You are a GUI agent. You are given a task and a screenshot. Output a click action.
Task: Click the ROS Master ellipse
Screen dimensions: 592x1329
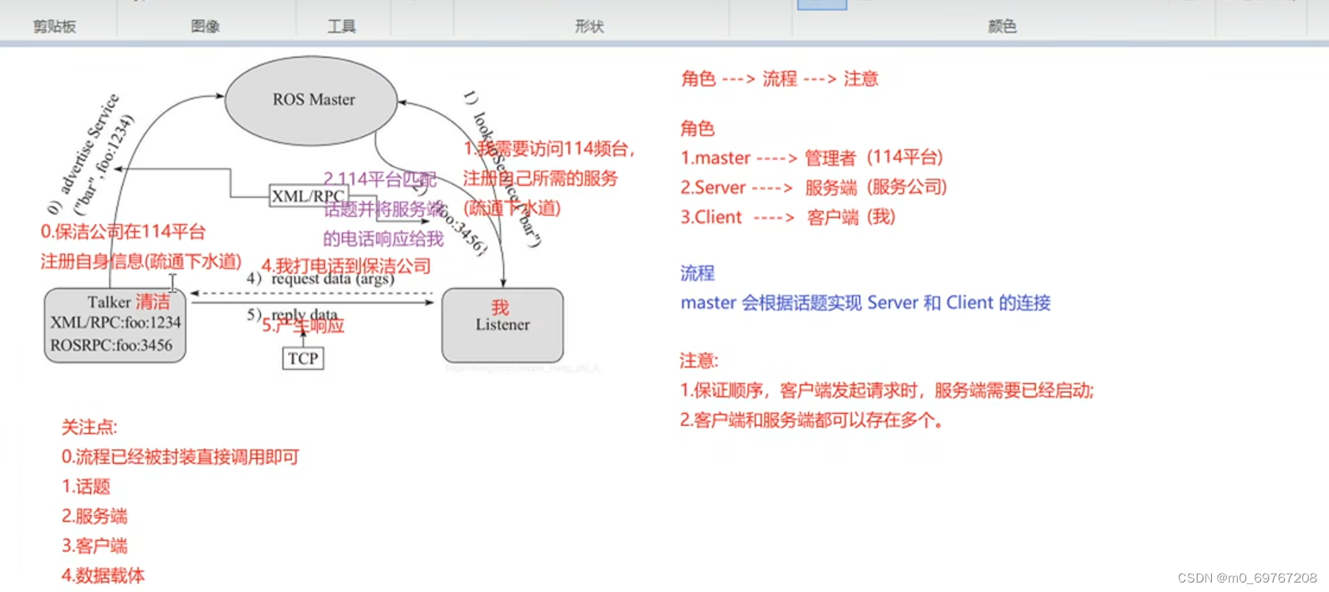coord(312,101)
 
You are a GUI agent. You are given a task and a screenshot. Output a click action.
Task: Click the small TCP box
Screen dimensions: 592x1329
coord(303,359)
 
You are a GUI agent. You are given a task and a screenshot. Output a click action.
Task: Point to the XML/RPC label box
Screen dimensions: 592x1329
coord(308,195)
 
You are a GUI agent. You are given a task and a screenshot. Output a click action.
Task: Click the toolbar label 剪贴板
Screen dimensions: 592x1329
coord(55,26)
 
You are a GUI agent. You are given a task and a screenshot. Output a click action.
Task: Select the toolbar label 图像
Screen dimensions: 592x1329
coord(205,26)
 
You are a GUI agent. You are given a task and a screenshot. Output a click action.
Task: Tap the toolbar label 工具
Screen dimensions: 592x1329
coord(342,26)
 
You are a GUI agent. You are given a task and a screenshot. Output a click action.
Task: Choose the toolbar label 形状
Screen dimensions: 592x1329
coord(589,26)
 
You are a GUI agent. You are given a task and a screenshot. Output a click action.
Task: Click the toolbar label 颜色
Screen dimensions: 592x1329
coord(1001,26)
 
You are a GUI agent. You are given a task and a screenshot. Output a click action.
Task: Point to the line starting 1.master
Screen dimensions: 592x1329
coord(812,157)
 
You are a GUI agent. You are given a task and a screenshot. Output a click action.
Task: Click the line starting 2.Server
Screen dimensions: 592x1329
coord(813,188)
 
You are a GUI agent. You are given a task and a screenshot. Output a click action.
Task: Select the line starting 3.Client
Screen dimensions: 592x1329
coord(787,218)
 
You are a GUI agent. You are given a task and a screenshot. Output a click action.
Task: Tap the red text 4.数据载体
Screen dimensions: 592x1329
coord(103,575)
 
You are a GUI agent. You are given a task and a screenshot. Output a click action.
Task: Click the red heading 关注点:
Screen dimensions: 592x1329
coord(89,427)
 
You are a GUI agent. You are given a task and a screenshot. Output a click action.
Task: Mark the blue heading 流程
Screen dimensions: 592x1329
coord(697,273)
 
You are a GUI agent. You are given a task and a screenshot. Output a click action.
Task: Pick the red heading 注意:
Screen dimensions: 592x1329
coord(699,361)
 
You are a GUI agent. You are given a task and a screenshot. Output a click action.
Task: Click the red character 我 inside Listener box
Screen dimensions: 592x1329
coord(500,307)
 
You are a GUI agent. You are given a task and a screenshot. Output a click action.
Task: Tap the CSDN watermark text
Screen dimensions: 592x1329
coord(1247,578)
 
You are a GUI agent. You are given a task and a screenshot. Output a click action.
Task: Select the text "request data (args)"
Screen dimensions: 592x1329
coord(333,279)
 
